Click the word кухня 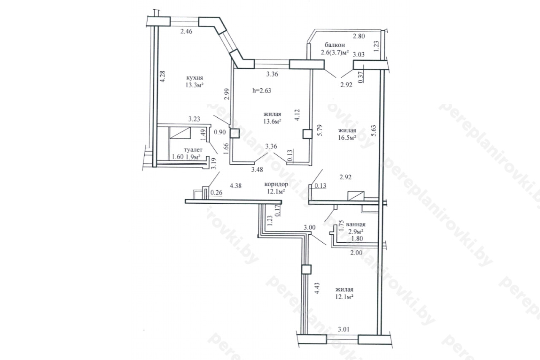pyautogui.click(x=194, y=78)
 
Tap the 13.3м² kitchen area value pyautogui.click(x=194, y=85)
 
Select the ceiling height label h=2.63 pyautogui.click(x=262, y=90)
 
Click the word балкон pyautogui.click(x=335, y=45)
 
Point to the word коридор pyautogui.click(x=276, y=184)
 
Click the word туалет pyautogui.click(x=193, y=150)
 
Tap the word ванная pyautogui.click(x=356, y=225)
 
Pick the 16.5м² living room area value pyautogui.click(x=347, y=138)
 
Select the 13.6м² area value pyautogui.click(x=272, y=121)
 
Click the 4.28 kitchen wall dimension pyautogui.click(x=163, y=76)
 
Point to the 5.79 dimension pyautogui.click(x=320, y=130)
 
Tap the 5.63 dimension pyautogui.click(x=373, y=130)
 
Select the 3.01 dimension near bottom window pyautogui.click(x=343, y=329)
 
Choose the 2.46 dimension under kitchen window pyautogui.click(x=186, y=31)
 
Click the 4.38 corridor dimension pyautogui.click(x=235, y=186)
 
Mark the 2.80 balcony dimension pyautogui.click(x=359, y=36)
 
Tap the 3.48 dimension pyautogui.click(x=257, y=170)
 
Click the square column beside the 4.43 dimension pyautogui.click(x=306, y=269)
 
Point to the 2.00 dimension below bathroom pyautogui.click(x=356, y=253)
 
